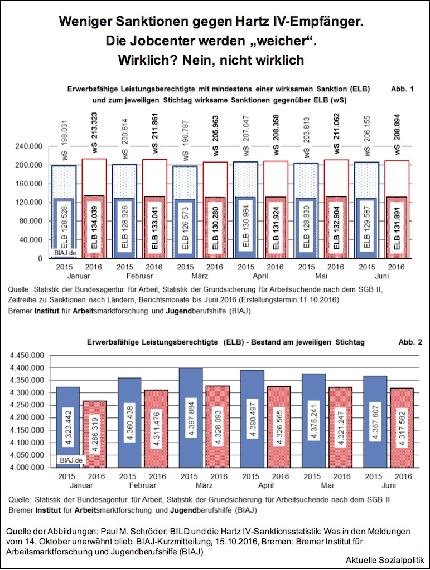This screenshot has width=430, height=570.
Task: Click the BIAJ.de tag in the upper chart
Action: (x=65, y=253)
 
